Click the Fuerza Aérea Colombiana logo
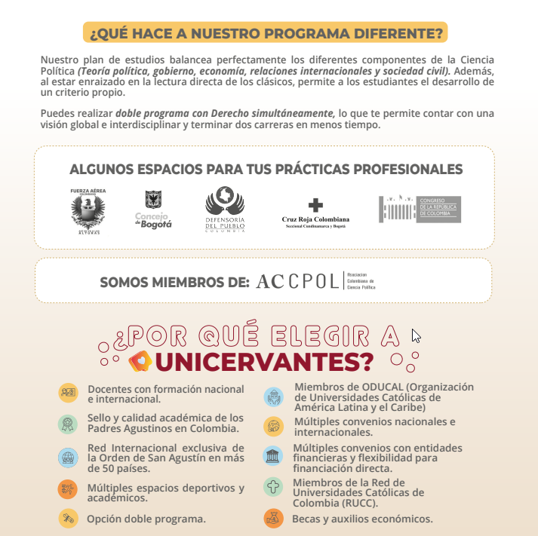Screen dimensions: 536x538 (88, 211)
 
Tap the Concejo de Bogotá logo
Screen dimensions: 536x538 (153, 210)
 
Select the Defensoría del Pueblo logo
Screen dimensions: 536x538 (225, 210)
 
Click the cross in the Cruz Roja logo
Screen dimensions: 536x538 (316, 205)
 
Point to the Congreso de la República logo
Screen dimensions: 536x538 (420, 209)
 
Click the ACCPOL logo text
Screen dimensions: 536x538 (297, 281)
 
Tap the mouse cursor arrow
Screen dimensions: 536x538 (415, 335)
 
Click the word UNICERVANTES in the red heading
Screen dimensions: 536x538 (267, 362)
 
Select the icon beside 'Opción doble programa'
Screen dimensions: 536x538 (68, 519)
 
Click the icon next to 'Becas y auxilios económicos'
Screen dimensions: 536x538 (272, 519)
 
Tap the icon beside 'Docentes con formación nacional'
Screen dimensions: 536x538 (68, 393)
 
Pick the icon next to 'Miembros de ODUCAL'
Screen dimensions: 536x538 (272, 397)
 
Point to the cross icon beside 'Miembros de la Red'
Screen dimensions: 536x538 (272, 488)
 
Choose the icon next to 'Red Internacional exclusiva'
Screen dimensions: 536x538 (68, 458)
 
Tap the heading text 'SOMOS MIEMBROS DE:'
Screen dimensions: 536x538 (174, 283)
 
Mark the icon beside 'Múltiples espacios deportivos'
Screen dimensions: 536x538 (68, 489)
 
